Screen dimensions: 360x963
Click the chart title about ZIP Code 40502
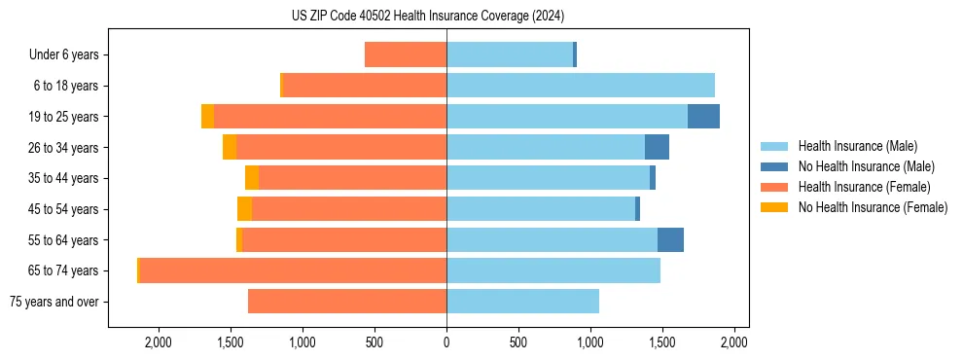[427, 17]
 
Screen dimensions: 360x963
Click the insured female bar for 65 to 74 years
[292, 270]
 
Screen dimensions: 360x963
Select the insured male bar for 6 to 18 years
[580, 86]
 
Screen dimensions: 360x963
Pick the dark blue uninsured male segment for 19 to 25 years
[703, 117]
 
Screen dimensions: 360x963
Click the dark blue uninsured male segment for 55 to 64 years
[670, 240]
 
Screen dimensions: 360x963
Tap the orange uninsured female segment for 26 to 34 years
[230, 147]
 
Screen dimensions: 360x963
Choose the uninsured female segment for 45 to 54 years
[244, 209]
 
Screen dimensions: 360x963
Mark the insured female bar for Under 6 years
[406, 55]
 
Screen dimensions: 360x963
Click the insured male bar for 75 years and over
[522, 302]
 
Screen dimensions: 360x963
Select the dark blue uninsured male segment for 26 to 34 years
[657, 147]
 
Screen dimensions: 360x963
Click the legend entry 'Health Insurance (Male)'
[857, 146]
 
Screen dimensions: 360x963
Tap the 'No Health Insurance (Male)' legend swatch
[774, 166]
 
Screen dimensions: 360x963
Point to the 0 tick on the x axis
[446, 342]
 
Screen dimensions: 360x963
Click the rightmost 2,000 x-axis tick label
[733, 342]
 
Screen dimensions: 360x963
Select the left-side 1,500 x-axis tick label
[231, 342]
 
